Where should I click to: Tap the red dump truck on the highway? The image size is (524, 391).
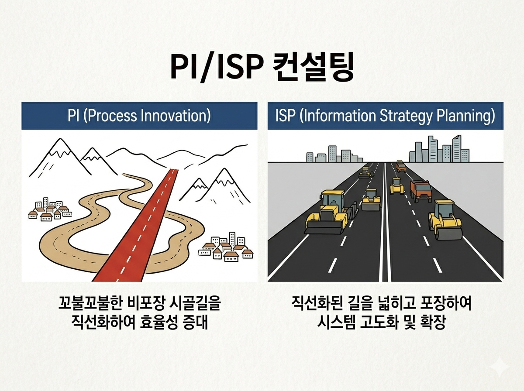[x=421, y=191]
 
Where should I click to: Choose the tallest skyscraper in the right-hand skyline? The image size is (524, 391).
[x=457, y=147]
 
